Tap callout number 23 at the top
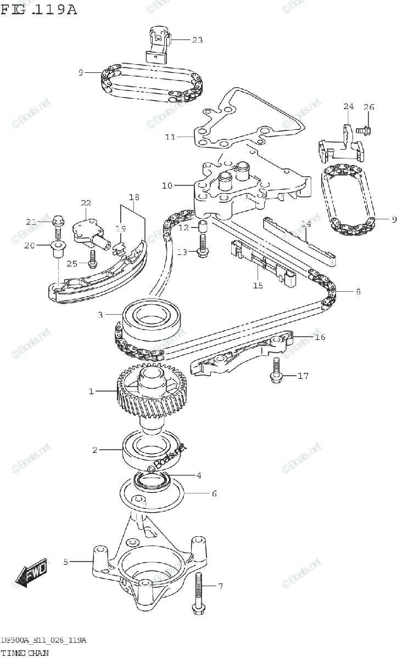[197, 39]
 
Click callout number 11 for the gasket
[170, 137]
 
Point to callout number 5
[66, 561]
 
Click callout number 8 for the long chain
[358, 292]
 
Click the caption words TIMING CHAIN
[24, 653]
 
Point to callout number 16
[320, 337]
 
